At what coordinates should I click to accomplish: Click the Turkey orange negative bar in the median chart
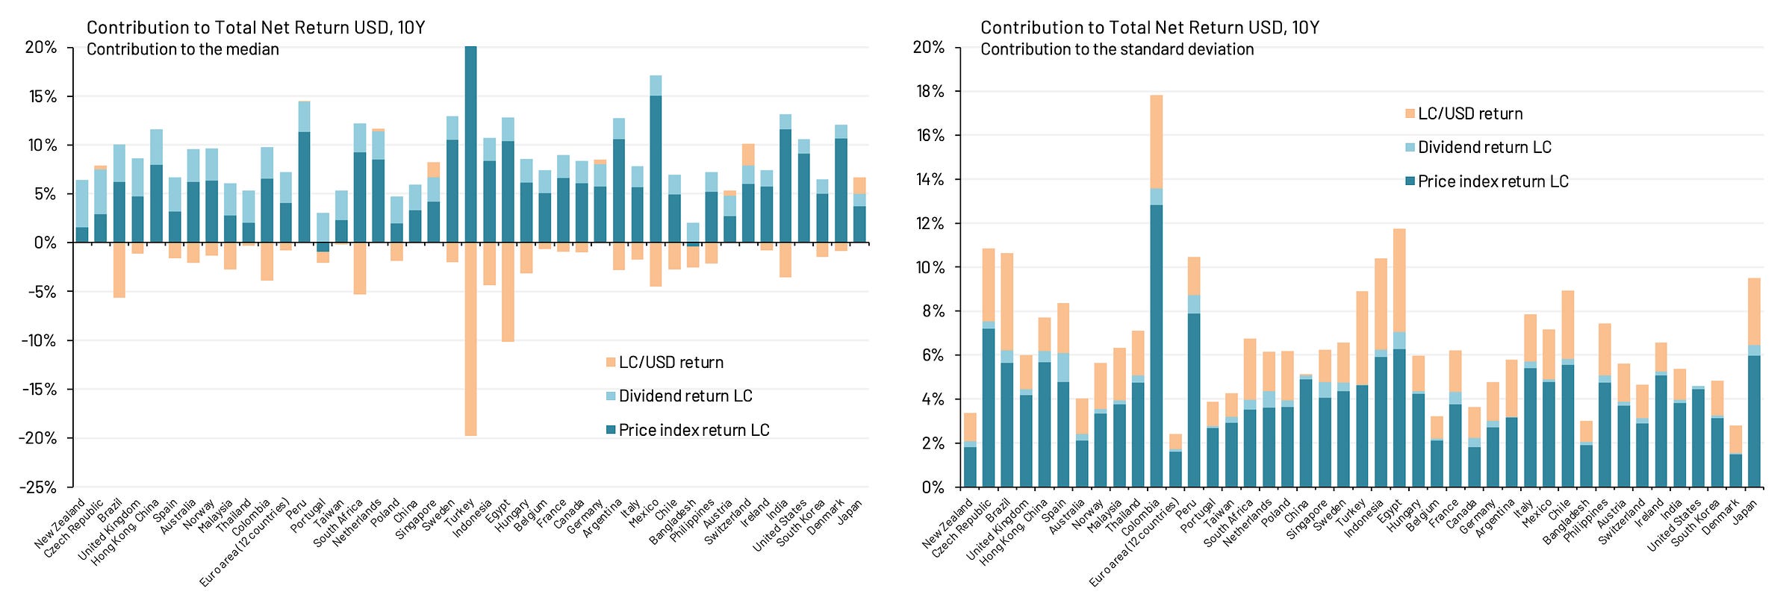click(470, 339)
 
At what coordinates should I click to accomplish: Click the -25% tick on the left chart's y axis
click(41, 487)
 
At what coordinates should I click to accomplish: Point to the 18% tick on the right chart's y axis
click(930, 92)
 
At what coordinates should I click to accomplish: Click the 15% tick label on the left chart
click(41, 96)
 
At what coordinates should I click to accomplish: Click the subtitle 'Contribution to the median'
click(183, 49)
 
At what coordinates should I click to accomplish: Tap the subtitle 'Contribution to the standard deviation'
click(1117, 49)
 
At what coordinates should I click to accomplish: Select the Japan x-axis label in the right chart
click(1744, 512)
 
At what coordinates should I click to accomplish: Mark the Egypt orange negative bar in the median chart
click(508, 292)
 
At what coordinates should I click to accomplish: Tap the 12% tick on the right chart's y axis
click(930, 224)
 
